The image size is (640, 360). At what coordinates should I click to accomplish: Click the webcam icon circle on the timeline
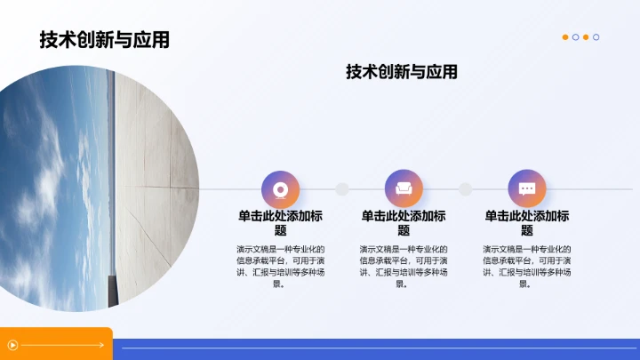click(x=280, y=188)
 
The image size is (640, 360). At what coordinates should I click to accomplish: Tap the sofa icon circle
click(x=404, y=188)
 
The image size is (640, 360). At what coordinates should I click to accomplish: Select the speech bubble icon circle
click(x=527, y=188)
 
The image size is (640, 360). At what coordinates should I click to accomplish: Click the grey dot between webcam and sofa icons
click(x=341, y=189)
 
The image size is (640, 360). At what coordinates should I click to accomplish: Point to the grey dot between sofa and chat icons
click(x=465, y=189)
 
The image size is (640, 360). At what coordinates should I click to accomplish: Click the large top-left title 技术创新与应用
click(x=104, y=40)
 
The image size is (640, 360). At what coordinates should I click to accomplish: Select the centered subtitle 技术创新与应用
click(x=402, y=72)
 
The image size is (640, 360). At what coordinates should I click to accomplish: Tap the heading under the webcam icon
click(x=280, y=223)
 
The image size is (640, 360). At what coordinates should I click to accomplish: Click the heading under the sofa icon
click(x=404, y=223)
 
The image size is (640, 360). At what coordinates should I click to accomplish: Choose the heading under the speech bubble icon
click(x=527, y=223)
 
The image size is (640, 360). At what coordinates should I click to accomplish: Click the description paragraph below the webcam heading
click(x=280, y=267)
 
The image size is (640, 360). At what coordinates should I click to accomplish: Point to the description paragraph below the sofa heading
click(x=404, y=267)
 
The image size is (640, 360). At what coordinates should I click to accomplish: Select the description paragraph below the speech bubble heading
click(x=527, y=267)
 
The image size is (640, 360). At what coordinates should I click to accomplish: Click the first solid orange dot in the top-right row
click(x=565, y=37)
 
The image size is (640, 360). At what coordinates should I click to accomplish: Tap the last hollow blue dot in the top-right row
click(x=596, y=37)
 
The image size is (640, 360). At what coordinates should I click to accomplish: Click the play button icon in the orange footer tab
click(x=12, y=345)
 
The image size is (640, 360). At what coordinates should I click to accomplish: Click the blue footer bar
click(x=373, y=348)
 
